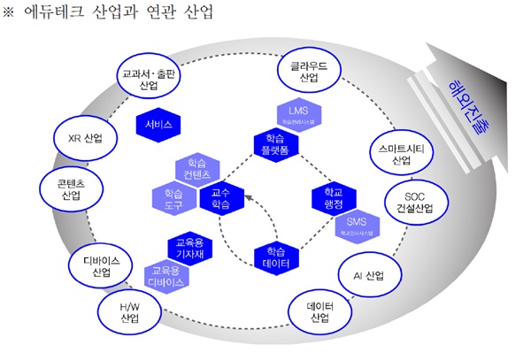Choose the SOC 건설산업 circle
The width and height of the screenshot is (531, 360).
point(414,203)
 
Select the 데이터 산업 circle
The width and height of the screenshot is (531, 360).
point(319,311)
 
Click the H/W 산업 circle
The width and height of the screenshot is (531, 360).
point(130,311)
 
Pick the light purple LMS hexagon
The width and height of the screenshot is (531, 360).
point(297,112)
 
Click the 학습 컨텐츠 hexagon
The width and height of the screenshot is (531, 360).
point(196,169)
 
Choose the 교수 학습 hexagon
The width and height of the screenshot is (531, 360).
point(220,198)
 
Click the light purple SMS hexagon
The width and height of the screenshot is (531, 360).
point(356,224)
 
